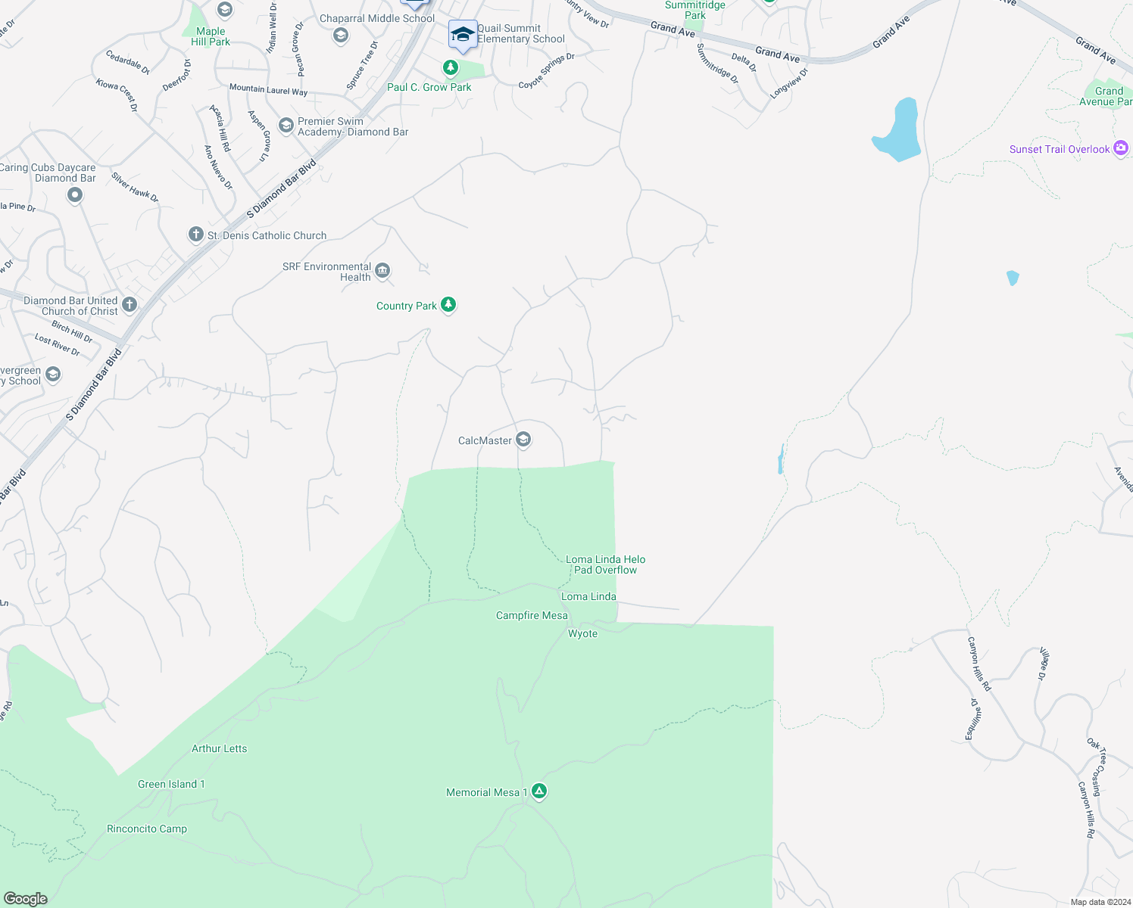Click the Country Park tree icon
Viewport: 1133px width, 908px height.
pos(448,305)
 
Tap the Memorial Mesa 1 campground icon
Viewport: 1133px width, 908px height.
pos(538,791)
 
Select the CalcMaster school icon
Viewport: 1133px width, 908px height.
pos(523,440)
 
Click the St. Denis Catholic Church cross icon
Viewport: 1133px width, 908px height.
pos(195,235)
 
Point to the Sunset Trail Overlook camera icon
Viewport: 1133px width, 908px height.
pos(1121,148)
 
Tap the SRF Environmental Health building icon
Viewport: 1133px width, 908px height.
pos(382,271)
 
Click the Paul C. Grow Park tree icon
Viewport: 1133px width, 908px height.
pos(451,68)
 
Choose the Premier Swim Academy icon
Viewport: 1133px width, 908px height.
pos(286,125)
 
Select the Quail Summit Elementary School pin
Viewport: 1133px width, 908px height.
pos(463,35)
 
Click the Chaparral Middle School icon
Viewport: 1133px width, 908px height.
pos(341,35)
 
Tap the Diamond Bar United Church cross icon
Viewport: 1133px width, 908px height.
pos(130,305)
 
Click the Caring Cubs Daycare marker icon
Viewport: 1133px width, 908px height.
pos(74,195)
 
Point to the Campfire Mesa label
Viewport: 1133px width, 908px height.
pos(532,615)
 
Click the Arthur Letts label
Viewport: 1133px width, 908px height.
pos(219,748)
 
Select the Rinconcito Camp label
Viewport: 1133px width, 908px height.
pos(147,829)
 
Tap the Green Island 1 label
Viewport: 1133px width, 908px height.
pos(171,784)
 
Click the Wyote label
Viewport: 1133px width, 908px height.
pos(582,633)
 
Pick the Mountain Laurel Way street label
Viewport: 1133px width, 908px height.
pos(268,89)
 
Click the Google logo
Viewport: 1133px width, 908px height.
pos(26,898)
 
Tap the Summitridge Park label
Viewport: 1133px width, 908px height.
pos(694,10)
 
